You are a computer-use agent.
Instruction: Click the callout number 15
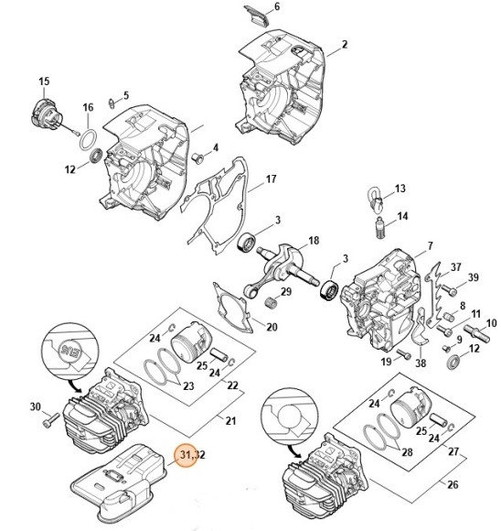point(44,81)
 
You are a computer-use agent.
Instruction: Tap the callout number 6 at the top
point(277,6)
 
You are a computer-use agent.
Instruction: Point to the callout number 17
point(271,179)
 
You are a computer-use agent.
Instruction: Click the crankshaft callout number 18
point(314,241)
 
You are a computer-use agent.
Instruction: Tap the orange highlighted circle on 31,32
point(187,455)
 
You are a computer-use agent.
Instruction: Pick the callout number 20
point(272,327)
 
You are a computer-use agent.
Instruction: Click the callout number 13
point(400,189)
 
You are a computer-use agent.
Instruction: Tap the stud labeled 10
point(477,333)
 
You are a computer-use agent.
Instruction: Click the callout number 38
point(421,363)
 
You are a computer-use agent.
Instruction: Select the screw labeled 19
point(403,353)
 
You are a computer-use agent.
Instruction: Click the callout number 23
point(188,386)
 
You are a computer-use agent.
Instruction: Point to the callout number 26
point(453,484)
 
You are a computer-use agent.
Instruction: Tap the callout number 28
point(407,451)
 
